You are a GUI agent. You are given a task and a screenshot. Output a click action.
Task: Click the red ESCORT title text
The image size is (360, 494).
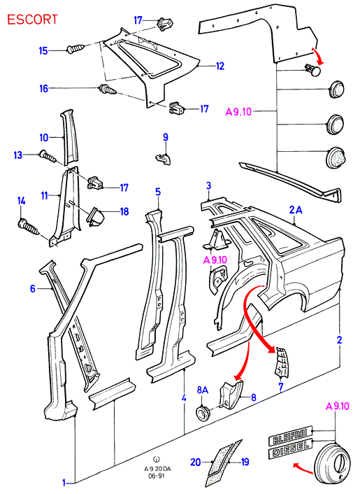pyautogui.click(x=32, y=20)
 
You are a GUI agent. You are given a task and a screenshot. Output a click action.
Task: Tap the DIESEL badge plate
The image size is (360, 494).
pyautogui.click(x=291, y=448)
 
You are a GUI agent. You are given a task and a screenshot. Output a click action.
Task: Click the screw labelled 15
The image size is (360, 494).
pyautogui.click(x=75, y=49)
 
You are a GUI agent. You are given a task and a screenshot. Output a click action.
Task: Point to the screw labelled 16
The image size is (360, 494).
pyautogui.click(x=108, y=89)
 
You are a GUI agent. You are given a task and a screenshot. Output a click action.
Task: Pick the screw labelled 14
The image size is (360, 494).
pyautogui.click(x=29, y=226)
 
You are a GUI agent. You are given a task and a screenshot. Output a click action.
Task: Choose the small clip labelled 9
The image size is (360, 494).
pyautogui.click(x=164, y=158)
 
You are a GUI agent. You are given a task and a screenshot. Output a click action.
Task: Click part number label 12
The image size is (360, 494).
pyautogui.click(x=220, y=66)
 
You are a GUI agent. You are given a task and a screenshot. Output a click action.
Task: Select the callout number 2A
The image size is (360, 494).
pyautogui.click(x=296, y=209)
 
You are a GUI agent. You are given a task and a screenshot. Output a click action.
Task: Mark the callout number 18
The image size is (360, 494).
pyautogui.click(x=124, y=211)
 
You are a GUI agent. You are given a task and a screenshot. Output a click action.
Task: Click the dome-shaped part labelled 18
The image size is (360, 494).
pyautogui.click(x=96, y=217)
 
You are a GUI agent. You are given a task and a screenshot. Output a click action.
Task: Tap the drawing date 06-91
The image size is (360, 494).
pyautogui.click(x=157, y=476)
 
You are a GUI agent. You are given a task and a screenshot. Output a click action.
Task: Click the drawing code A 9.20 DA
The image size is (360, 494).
pyautogui.click(x=157, y=469)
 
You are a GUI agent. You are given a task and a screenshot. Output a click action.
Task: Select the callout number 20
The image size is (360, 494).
pyautogui.click(x=196, y=463)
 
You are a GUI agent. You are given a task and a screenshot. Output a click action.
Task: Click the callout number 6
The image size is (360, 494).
pyautogui.click(x=33, y=288)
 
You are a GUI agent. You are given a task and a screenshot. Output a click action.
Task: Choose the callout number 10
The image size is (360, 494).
pyautogui.click(x=44, y=137)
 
